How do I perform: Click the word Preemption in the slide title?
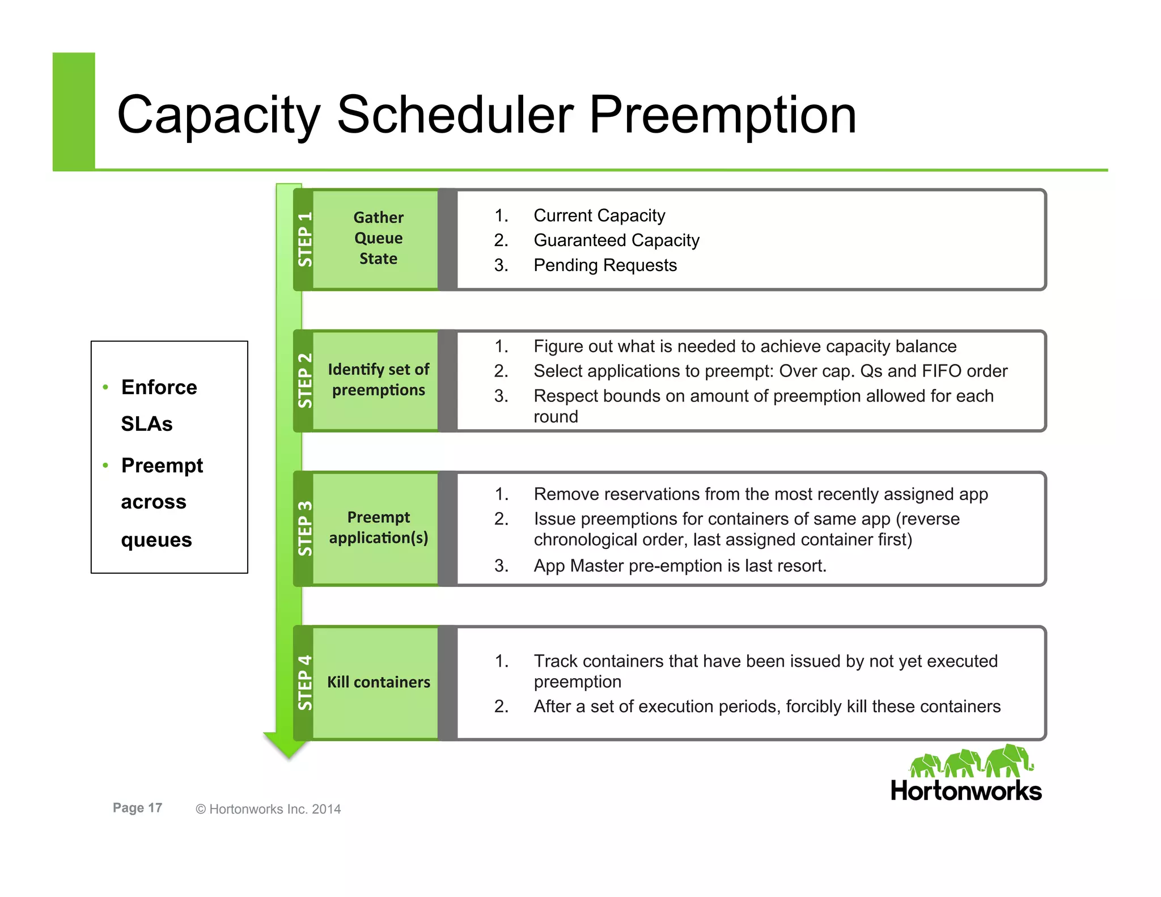point(722,115)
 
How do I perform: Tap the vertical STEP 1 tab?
point(304,239)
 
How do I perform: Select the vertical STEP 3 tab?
point(304,528)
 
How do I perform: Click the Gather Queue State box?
point(378,239)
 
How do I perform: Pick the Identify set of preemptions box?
point(378,380)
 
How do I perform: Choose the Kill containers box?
point(378,682)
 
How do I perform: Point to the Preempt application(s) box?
point(378,528)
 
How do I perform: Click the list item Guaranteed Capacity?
point(616,240)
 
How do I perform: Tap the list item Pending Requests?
point(605,265)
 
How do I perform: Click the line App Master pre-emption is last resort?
point(680,566)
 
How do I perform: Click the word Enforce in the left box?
point(159,387)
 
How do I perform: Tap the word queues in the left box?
point(156,540)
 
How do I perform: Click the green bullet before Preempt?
point(105,466)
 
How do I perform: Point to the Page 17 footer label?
point(137,808)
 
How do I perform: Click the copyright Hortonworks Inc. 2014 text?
point(268,809)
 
